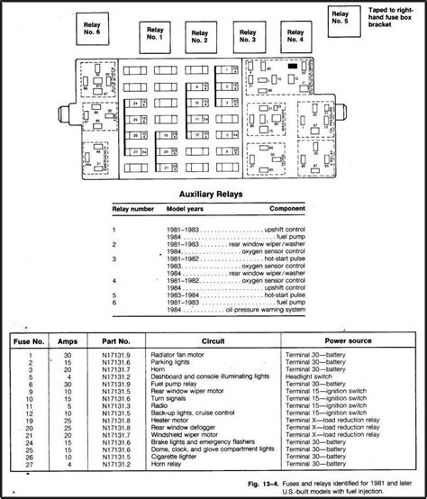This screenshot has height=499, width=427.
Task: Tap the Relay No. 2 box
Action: click(200, 36)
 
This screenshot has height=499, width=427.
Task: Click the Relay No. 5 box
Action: click(340, 19)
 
